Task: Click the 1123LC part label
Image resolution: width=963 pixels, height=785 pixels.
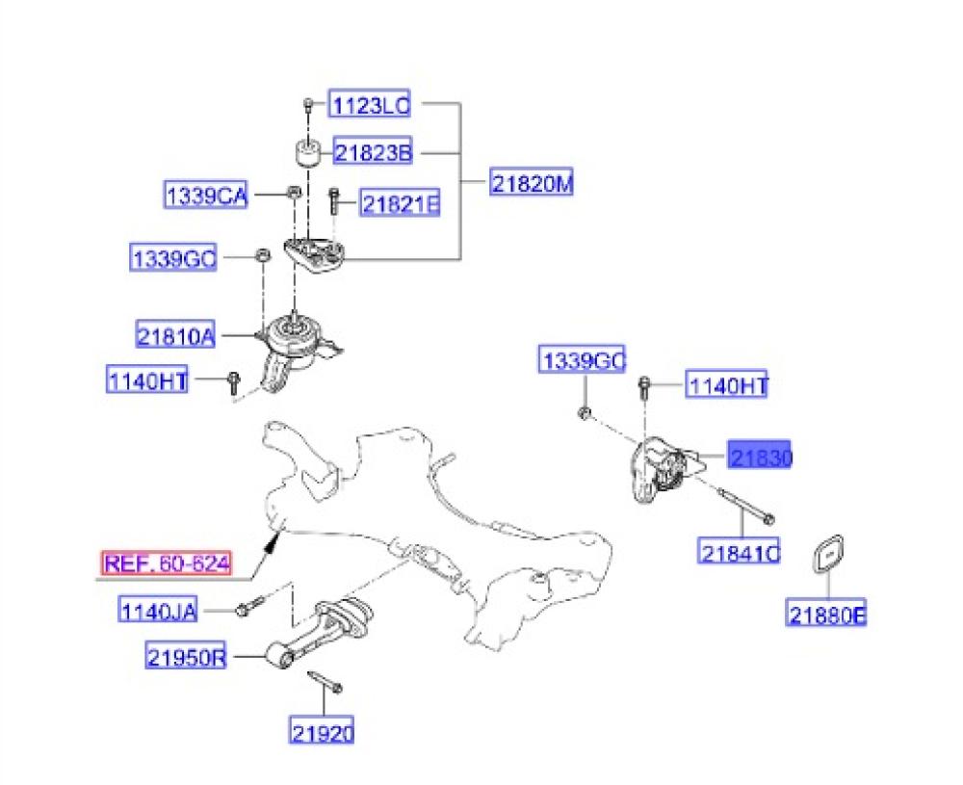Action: (371, 104)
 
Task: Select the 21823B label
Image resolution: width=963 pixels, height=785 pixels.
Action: (373, 152)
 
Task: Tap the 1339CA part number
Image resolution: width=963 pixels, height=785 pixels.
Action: (205, 196)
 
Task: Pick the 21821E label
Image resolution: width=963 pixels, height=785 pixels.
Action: (400, 203)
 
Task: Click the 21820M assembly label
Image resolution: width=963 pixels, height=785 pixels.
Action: (531, 182)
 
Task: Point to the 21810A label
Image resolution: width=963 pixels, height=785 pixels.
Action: (175, 336)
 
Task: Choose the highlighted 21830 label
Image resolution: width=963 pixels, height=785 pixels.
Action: (760, 458)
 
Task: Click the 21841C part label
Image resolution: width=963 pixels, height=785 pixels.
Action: (740, 553)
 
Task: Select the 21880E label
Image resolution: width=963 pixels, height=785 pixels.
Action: (827, 614)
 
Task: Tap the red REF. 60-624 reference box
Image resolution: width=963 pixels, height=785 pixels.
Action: (167, 563)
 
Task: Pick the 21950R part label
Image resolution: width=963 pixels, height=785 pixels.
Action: (187, 659)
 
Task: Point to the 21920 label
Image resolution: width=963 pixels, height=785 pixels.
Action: (322, 732)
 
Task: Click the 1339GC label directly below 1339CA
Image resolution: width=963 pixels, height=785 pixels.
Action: (174, 258)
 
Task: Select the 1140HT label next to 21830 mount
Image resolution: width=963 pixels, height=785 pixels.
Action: (727, 386)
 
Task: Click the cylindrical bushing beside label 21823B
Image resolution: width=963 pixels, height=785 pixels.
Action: (307, 152)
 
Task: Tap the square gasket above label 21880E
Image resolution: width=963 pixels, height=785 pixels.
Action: (828, 554)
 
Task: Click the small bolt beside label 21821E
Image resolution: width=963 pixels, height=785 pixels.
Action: (334, 199)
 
